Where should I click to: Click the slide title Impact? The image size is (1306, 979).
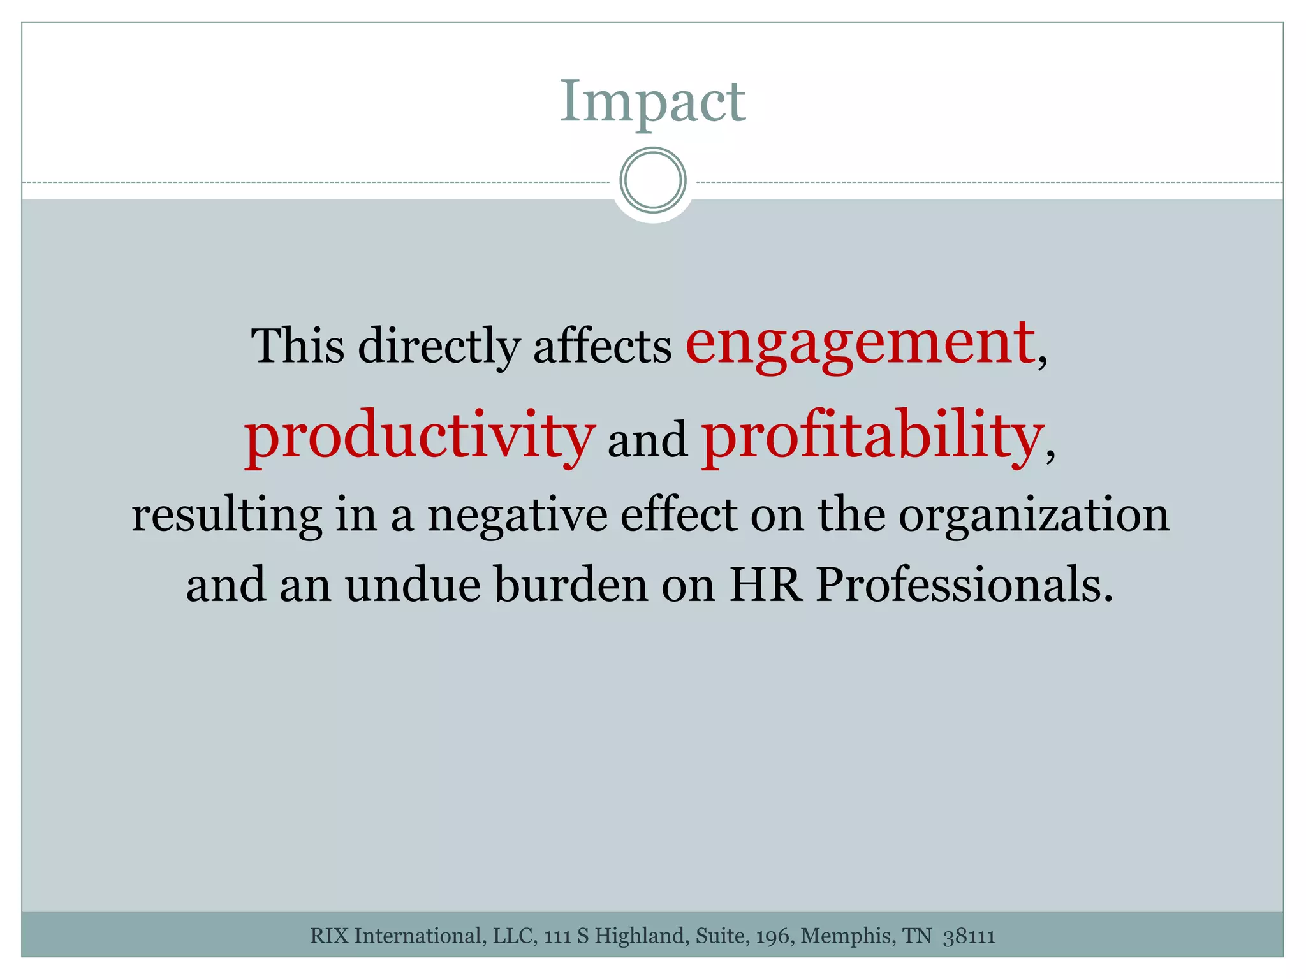tap(652, 102)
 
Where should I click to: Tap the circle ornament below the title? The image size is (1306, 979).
tap(652, 180)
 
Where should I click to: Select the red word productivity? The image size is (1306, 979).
tap(420, 437)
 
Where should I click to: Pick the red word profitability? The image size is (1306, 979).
tap(872, 437)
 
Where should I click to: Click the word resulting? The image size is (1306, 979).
tap(226, 515)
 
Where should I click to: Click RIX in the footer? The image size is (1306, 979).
tap(330, 936)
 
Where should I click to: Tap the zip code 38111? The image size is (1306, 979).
tap(969, 936)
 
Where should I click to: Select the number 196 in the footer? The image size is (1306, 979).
tap(774, 936)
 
